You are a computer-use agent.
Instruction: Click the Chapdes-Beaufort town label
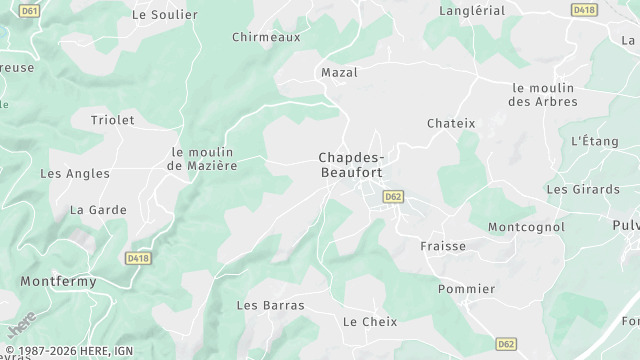coord(350,165)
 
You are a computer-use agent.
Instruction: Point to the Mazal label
coord(339,73)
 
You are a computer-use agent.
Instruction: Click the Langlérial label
coord(472,10)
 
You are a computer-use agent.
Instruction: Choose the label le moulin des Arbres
coord(545,95)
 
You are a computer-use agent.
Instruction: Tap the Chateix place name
coord(451,123)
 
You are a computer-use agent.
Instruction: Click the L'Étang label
coord(595,142)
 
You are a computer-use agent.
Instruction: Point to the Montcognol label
coord(526,227)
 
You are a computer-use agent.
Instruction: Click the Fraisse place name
coord(443,246)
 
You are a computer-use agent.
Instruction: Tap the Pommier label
coord(466,289)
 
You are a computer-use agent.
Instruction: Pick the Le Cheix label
coord(370,322)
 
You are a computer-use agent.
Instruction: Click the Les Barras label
coord(270,305)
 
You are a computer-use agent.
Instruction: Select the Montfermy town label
coord(59,282)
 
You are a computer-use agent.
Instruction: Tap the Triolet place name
coord(112,120)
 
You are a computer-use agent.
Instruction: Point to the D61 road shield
coord(30,10)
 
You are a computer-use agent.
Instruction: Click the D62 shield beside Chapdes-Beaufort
coord(392,197)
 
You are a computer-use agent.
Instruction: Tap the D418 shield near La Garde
coord(138,258)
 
